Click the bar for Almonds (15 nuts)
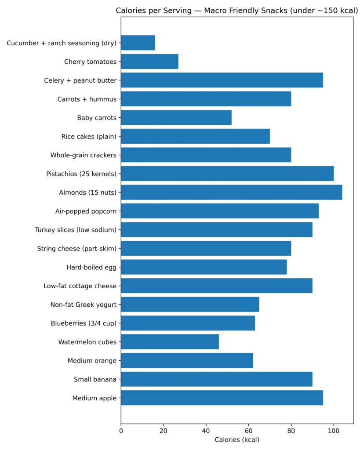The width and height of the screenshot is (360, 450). coord(231,192)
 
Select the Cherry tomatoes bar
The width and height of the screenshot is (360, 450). coord(149,62)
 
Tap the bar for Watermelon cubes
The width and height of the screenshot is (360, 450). coord(170,342)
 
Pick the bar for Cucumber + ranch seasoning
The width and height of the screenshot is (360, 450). coord(138,43)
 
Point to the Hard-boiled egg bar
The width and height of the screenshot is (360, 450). coord(204,267)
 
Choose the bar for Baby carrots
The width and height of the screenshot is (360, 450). coord(176,118)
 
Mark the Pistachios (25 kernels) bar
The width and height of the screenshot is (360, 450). coord(227,174)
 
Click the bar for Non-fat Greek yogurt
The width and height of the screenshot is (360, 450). coord(190,305)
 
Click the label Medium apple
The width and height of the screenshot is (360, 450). coord(95,398)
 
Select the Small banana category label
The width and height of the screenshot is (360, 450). coord(95,379)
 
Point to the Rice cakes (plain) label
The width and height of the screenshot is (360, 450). coord(89,137)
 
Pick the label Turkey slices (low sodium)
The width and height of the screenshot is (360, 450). coord(76,230)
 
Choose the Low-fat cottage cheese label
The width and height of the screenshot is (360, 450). coord(80,286)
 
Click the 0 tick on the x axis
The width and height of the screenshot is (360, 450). coord(121,431)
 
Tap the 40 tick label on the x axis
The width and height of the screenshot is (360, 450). coord(206,431)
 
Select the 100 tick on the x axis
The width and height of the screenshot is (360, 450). coord(334,431)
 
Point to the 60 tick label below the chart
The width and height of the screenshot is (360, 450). coord(248,431)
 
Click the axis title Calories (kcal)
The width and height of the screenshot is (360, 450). coord(237,440)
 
